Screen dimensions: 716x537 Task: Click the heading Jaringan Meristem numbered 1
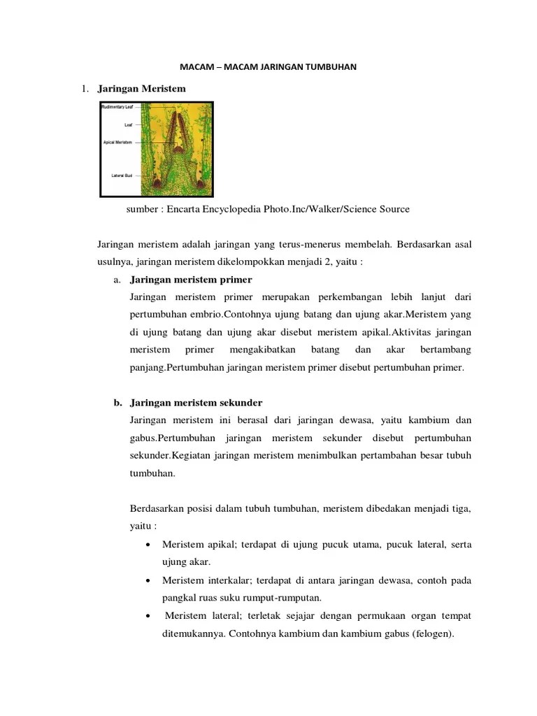(142, 89)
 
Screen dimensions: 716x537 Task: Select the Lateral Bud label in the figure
(122, 175)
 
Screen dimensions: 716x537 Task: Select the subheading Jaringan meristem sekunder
(196, 403)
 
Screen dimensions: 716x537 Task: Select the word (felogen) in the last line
(434, 634)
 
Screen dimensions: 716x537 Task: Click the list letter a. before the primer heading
(117, 280)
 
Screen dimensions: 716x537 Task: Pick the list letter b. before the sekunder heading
(117, 403)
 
